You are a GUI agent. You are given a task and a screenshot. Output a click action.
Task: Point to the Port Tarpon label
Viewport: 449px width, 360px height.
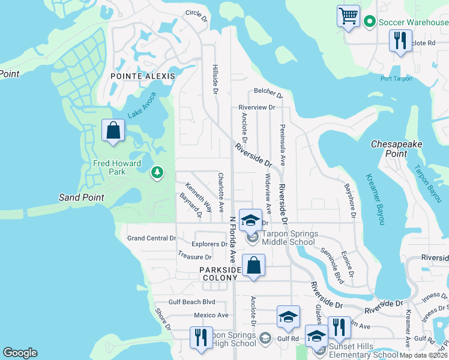click(x=396, y=79)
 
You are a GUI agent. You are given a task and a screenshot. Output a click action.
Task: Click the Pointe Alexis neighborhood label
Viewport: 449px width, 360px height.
click(x=143, y=76)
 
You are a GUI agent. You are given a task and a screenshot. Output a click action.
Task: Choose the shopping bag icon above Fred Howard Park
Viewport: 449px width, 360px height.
click(x=113, y=130)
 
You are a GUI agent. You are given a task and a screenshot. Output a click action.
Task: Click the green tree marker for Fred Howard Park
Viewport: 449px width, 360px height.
click(x=157, y=173)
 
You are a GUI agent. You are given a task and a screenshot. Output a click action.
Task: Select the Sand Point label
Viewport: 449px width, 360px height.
click(x=82, y=197)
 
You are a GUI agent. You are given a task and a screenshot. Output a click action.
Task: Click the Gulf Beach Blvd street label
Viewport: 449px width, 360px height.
click(x=191, y=302)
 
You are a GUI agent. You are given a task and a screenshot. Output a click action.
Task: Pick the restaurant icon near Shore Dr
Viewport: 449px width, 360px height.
click(x=200, y=337)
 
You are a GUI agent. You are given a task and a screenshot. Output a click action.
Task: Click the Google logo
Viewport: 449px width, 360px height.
click(x=20, y=353)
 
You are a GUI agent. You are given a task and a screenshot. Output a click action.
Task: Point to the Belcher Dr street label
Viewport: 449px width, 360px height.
click(x=268, y=93)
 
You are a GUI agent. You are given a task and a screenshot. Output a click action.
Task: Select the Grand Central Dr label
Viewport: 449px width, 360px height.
click(x=152, y=238)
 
